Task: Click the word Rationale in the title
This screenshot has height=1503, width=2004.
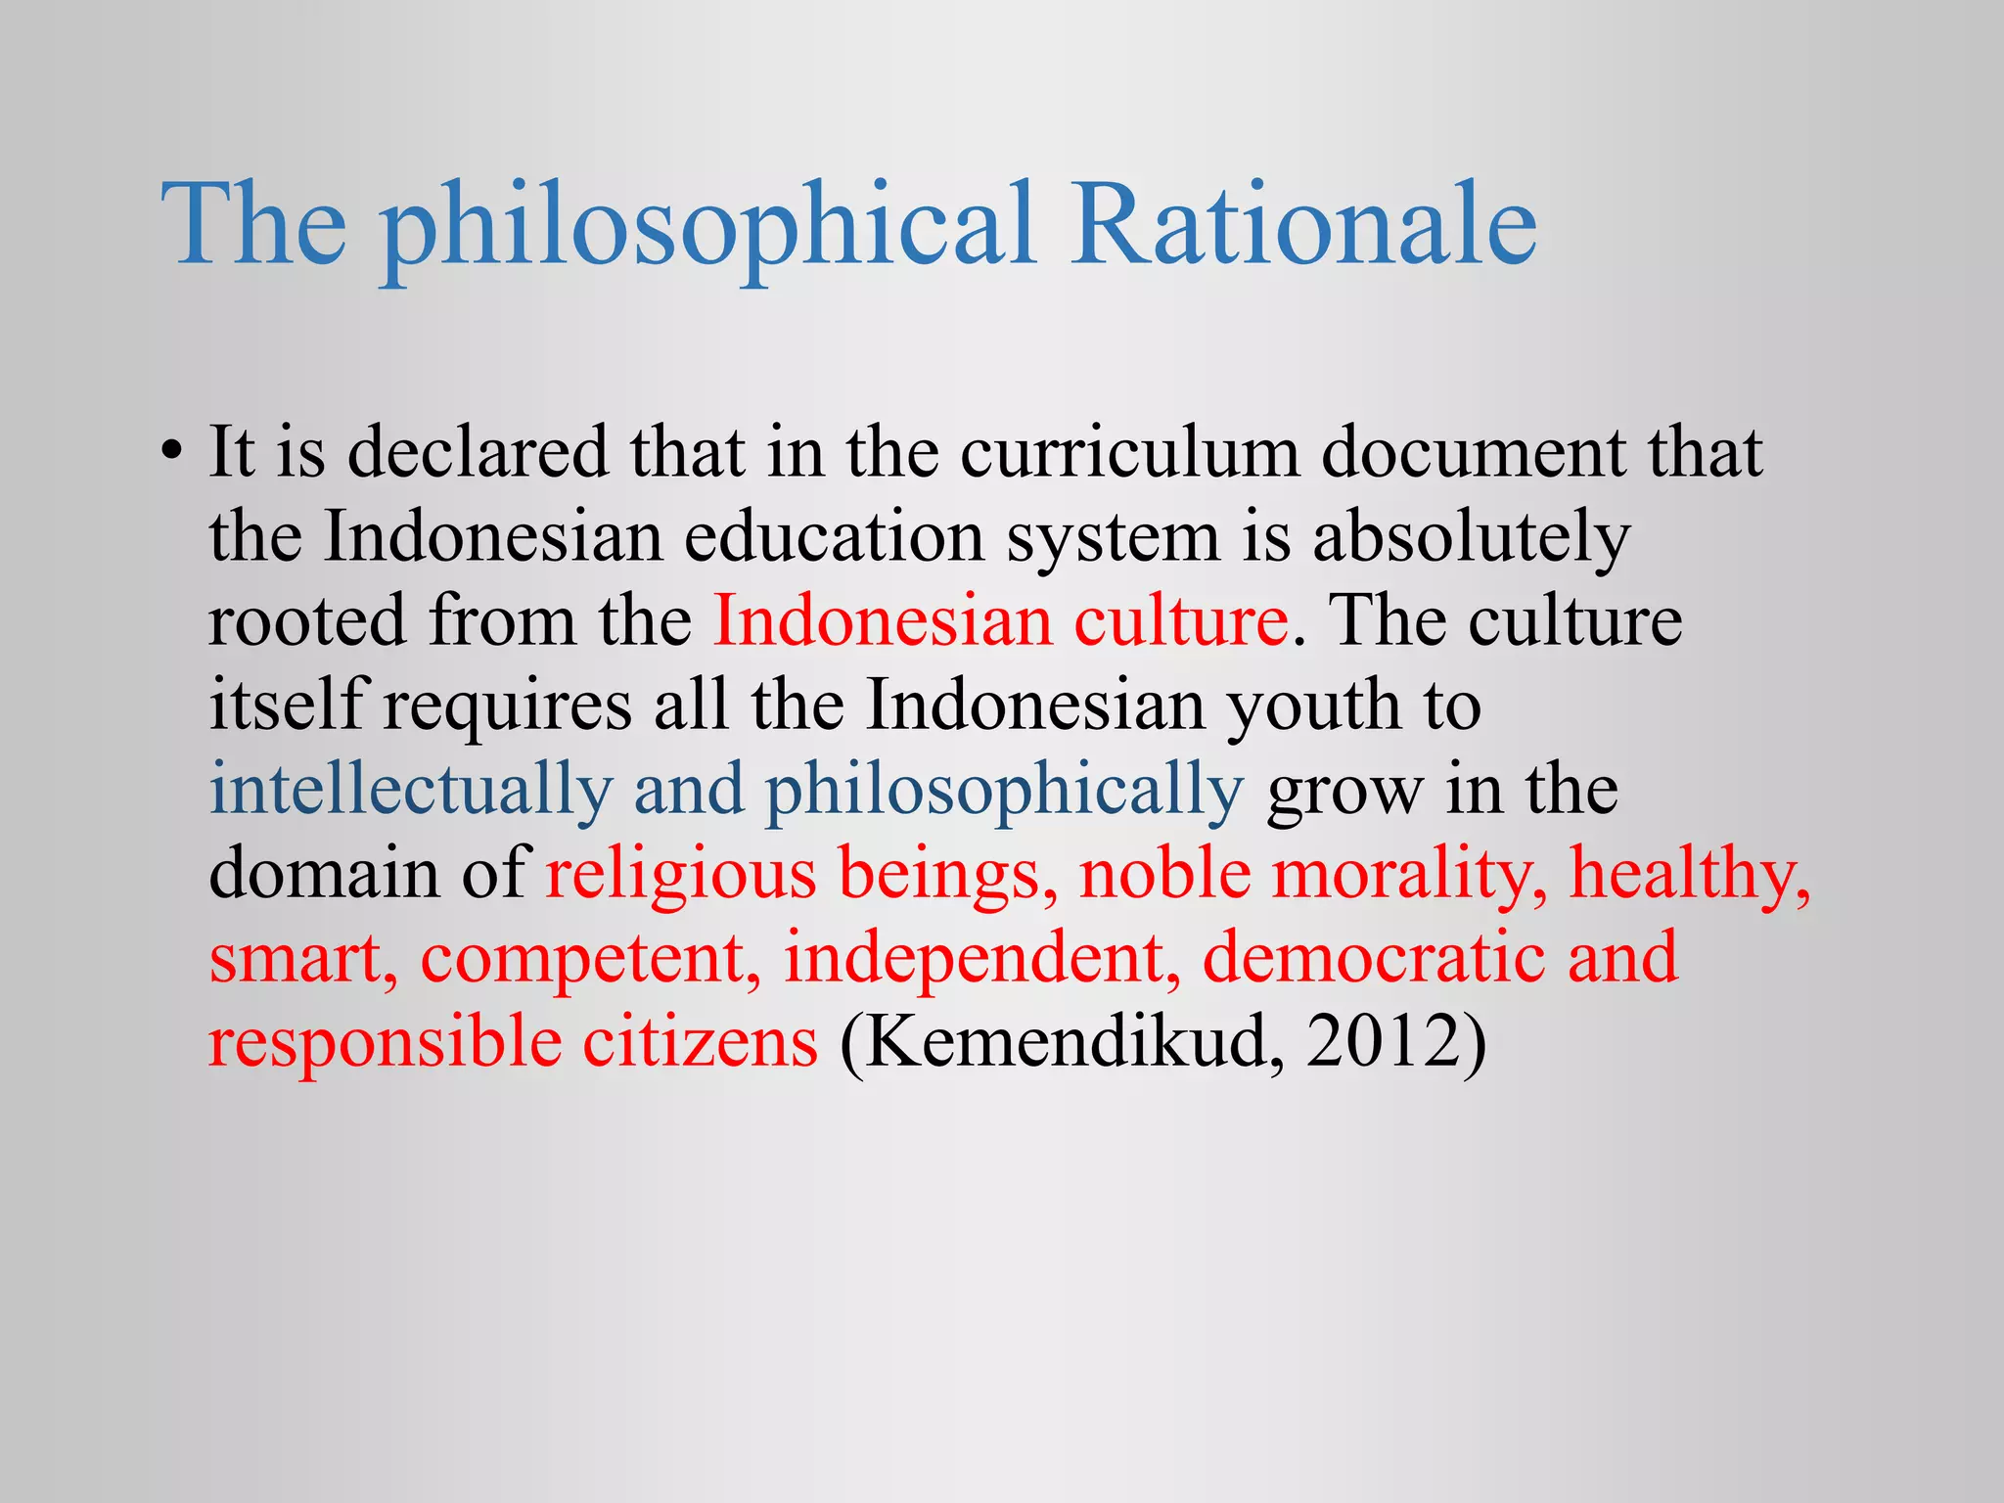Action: [x=1303, y=225]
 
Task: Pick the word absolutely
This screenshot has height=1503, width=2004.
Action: [x=1471, y=538]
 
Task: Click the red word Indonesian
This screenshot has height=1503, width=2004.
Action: [x=883, y=622]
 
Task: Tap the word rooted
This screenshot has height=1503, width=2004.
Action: [x=307, y=622]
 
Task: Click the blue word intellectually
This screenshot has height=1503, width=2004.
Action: [x=411, y=791]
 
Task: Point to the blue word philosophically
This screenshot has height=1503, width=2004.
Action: [x=1004, y=791]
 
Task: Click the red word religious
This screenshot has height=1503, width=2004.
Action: [x=680, y=875]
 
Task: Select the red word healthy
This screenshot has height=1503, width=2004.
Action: [x=1690, y=875]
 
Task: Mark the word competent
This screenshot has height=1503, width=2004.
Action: [x=590, y=959]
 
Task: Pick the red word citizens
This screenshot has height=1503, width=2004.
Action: [x=701, y=1043]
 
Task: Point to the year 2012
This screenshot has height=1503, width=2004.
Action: [x=1384, y=1043]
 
